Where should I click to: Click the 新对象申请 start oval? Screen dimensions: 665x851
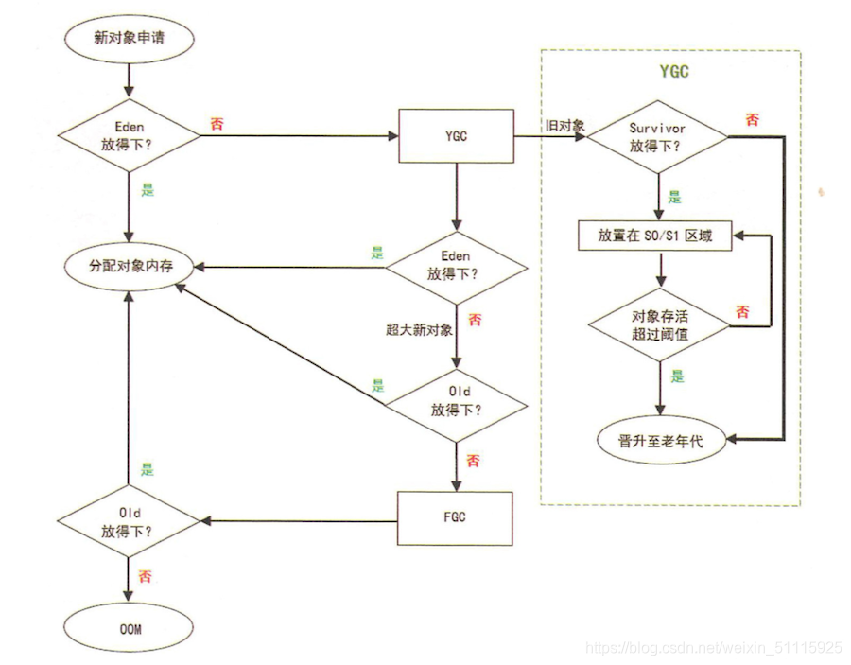pos(130,39)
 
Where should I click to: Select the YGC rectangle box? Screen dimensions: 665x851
pos(456,137)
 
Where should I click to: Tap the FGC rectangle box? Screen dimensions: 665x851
pos(456,518)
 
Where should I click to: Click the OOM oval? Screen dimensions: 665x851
pos(130,628)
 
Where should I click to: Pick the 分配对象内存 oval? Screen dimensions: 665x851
pos(130,267)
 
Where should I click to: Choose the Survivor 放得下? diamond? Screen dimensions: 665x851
pos(658,137)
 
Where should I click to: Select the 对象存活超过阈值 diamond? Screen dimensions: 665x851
pos(658,324)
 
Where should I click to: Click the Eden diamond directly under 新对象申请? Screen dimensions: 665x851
pos(130,137)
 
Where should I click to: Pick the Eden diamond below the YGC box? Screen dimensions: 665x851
pos(456,267)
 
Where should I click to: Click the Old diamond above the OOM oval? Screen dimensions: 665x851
pos(130,520)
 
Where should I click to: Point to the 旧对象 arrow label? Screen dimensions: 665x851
pos(564,126)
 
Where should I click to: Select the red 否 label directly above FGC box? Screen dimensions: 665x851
pos(473,462)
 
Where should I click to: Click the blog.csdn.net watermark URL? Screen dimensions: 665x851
pos(714,648)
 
